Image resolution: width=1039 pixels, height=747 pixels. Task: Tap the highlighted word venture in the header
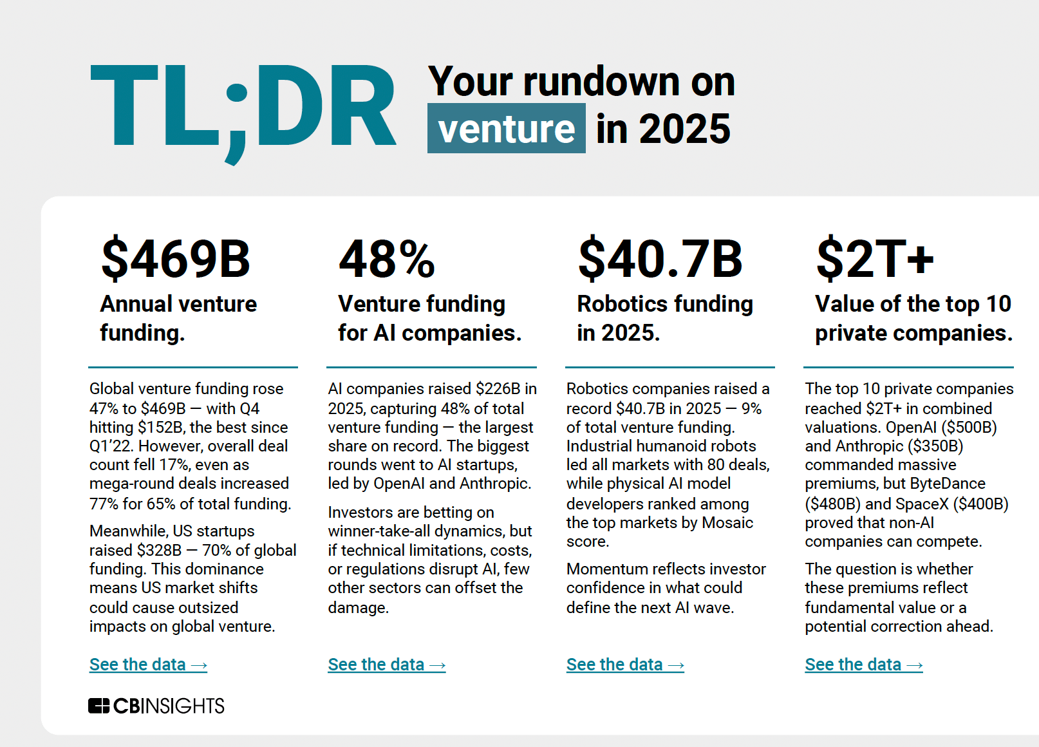click(x=506, y=129)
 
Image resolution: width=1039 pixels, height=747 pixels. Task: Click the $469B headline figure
click(x=175, y=259)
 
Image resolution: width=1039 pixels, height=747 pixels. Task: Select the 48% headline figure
click(x=387, y=259)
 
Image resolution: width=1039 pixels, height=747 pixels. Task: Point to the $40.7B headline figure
click(x=660, y=259)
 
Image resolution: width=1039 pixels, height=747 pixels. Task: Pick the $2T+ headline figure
click(x=874, y=259)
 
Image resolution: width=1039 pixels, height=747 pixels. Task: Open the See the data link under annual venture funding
click(x=148, y=665)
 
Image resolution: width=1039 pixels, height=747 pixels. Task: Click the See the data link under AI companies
click(x=386, y=665)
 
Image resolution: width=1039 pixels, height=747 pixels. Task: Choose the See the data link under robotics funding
click(x=624, y=665)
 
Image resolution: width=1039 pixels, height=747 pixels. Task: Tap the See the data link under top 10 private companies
click(x=863, y=665)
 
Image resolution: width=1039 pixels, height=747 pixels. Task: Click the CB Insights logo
click(x=156, y=706)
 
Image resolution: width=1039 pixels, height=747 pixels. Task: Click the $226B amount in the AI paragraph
click(x=498, y=389)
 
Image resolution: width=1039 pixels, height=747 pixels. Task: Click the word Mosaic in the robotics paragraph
click(x=727, y=523)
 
